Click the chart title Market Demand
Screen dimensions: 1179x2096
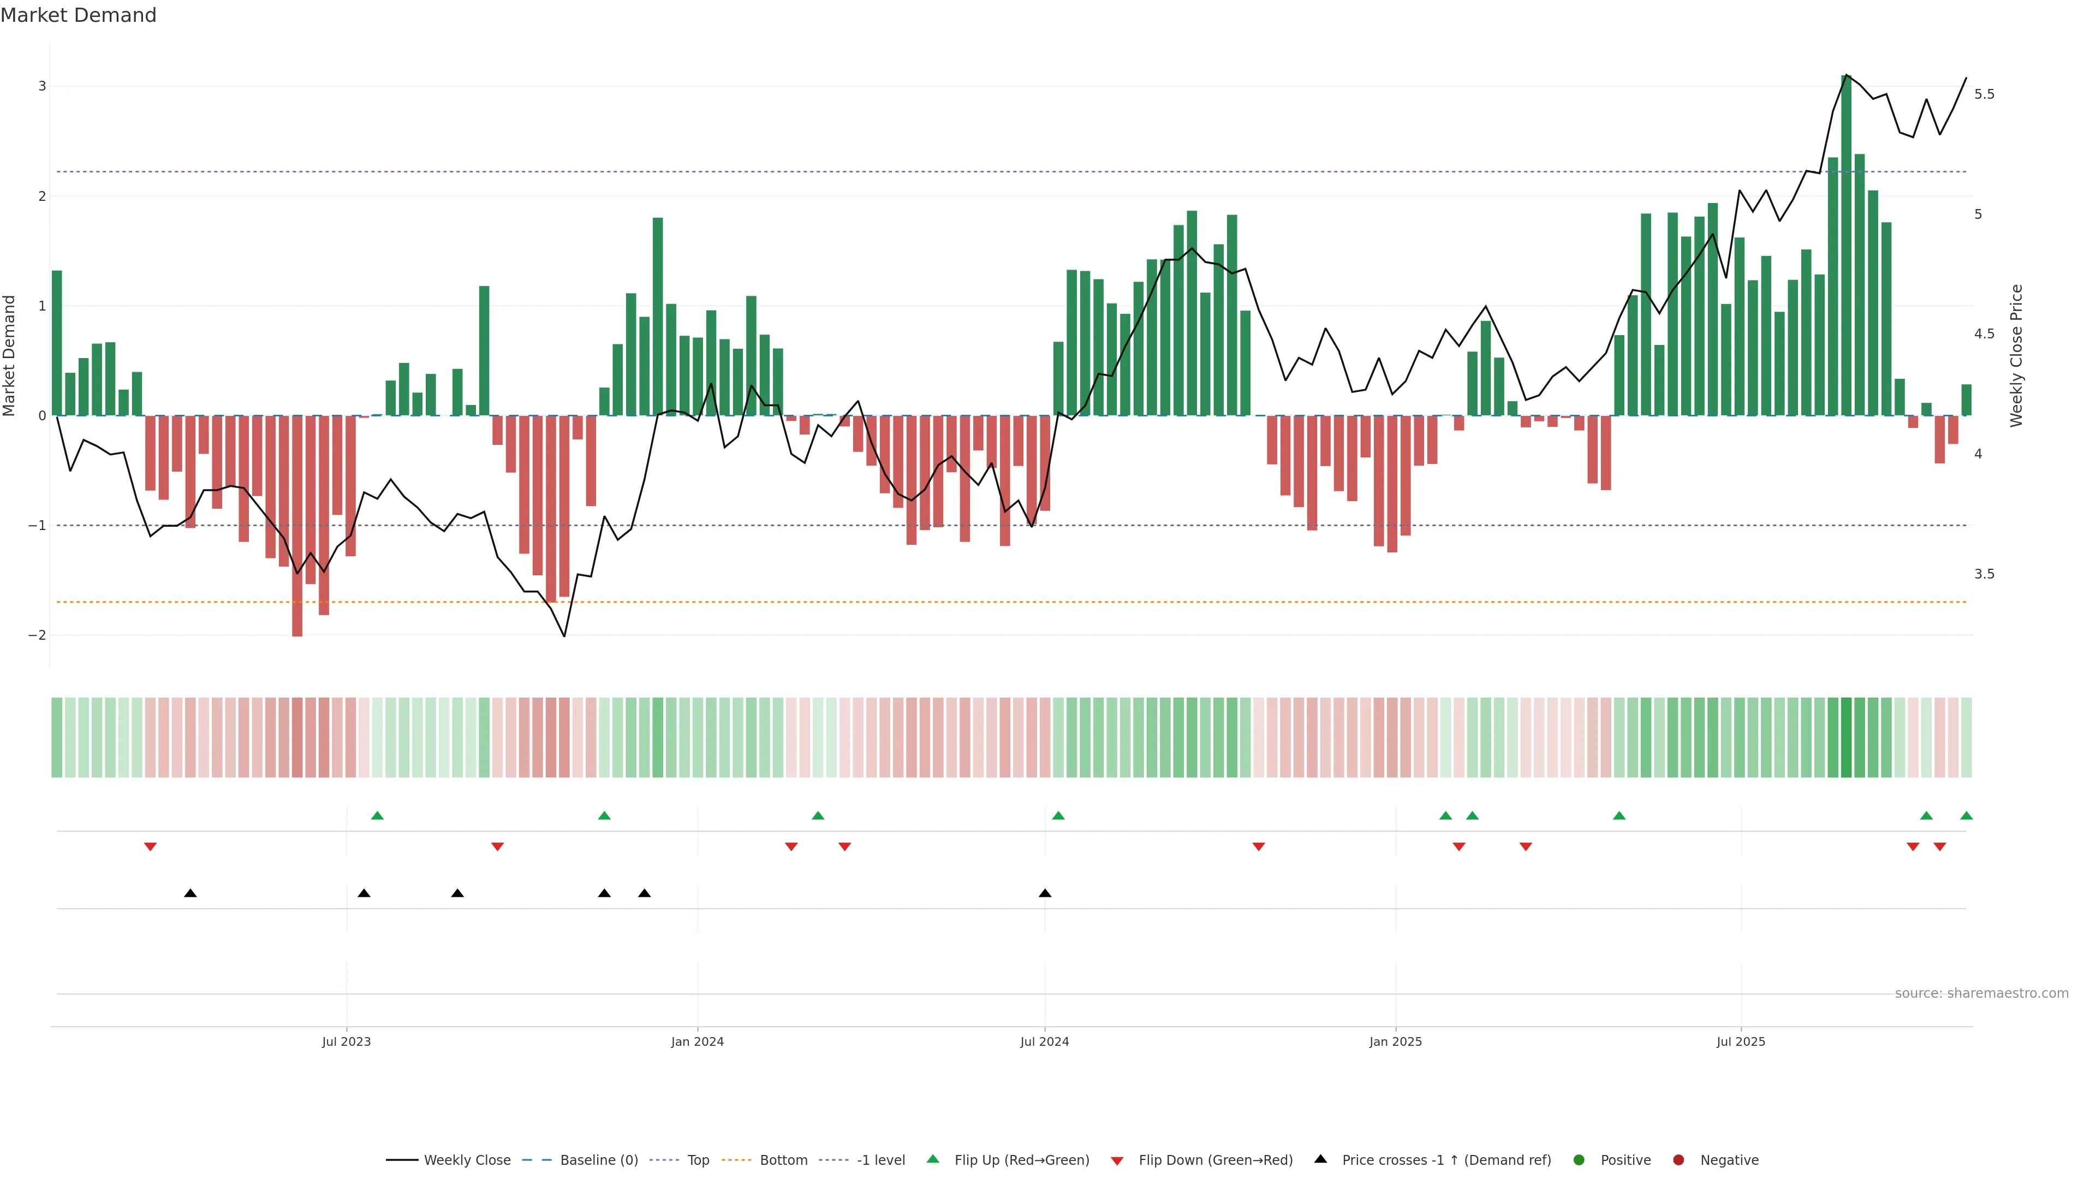[x=78, y=15]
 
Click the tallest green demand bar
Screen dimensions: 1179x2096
[x=1845, y=244]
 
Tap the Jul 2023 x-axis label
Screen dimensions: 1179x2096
[x=346, y=1041]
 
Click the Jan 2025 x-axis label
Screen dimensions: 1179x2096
[x=1396, y=1041]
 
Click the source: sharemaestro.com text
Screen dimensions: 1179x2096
[x=1981, y=993]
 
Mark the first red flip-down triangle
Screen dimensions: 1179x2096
[x=150, y=847]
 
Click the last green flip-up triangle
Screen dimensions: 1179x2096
[x=1966, y=815]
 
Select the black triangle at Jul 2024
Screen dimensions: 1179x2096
[x=1045, y=894]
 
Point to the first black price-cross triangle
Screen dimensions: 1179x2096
[x=190, y=894]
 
